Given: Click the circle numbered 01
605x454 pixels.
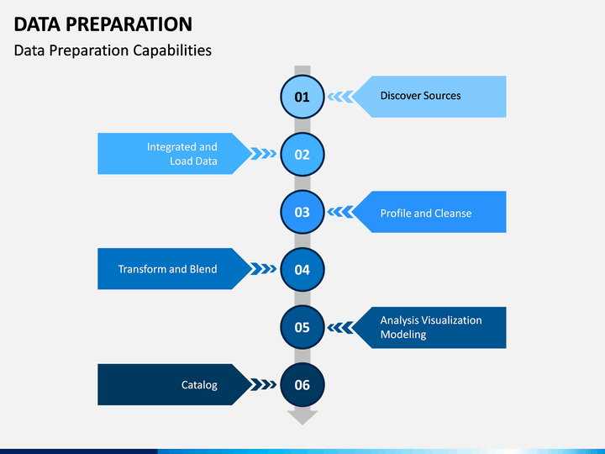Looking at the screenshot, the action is point(302,97).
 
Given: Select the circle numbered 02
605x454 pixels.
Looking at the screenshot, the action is point(302,155).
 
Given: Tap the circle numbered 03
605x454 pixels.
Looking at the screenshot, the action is point(302,212).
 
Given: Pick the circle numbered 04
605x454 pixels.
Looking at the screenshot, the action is point(302,270).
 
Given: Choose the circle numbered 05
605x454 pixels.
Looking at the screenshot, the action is point(302,327).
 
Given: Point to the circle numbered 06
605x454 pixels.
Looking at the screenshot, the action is point(302,385).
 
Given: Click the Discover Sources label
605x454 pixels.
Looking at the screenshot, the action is point(421,96).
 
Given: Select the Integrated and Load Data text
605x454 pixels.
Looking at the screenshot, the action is point(181,154).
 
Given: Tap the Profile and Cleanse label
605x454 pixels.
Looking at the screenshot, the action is point(426,213).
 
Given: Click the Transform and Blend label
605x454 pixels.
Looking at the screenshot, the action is point(167,269).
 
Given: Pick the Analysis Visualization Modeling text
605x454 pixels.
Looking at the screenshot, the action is point(431,327).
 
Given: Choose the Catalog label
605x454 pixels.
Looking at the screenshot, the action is point(199,385).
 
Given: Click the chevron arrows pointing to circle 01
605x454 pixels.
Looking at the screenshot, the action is point(340,97).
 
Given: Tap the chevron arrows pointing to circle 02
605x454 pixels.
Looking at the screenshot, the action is point(264,154).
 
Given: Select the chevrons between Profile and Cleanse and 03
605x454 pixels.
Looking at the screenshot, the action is point(340,212).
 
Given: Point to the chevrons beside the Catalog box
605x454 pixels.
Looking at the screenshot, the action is point(264,384).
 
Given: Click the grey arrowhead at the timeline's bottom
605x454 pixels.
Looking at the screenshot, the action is point(302,417).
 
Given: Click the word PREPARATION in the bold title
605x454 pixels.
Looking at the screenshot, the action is point(129,24).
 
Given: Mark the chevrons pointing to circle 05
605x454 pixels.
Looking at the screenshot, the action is point(340,327).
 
